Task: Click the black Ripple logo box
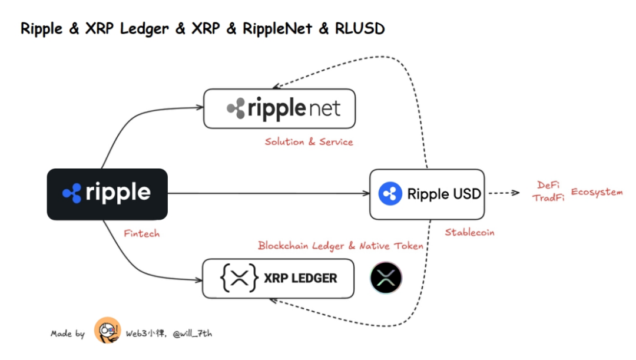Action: tap(107, 194)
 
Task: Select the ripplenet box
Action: tap(279, 108)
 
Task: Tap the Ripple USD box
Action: tap(427, 194)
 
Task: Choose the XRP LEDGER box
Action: tap(278, 278)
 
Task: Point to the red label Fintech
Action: tap(141, 234)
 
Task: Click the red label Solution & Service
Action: tap(309, 142)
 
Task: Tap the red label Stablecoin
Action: tap(469, 232)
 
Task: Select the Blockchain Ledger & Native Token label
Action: tap(340, 245)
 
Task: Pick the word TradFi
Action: tap(548, 198)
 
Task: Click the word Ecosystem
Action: tap(597, 192)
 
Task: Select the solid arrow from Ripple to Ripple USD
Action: tap(265, 193)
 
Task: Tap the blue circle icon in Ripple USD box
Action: tap(389, 194)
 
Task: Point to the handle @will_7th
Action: tap(193, 333)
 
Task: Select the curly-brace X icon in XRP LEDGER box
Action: tap(239, 278)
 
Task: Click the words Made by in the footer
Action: tap(68, 334)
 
